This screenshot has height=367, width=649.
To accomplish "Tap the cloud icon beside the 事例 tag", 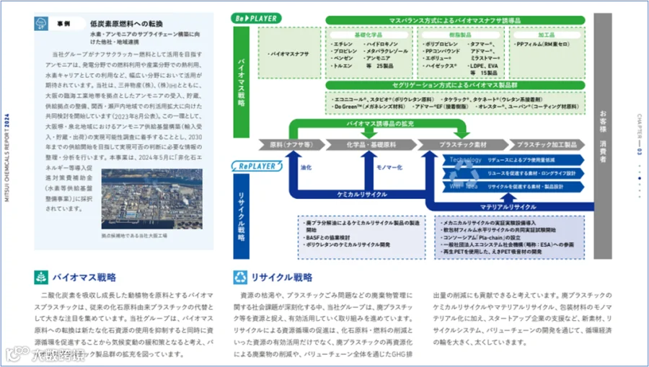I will point(41,23).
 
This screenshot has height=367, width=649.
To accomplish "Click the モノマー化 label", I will point(389,167).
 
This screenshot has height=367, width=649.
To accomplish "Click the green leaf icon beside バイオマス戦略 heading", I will point(41,277).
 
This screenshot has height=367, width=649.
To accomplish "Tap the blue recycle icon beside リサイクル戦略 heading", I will point(240,277).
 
